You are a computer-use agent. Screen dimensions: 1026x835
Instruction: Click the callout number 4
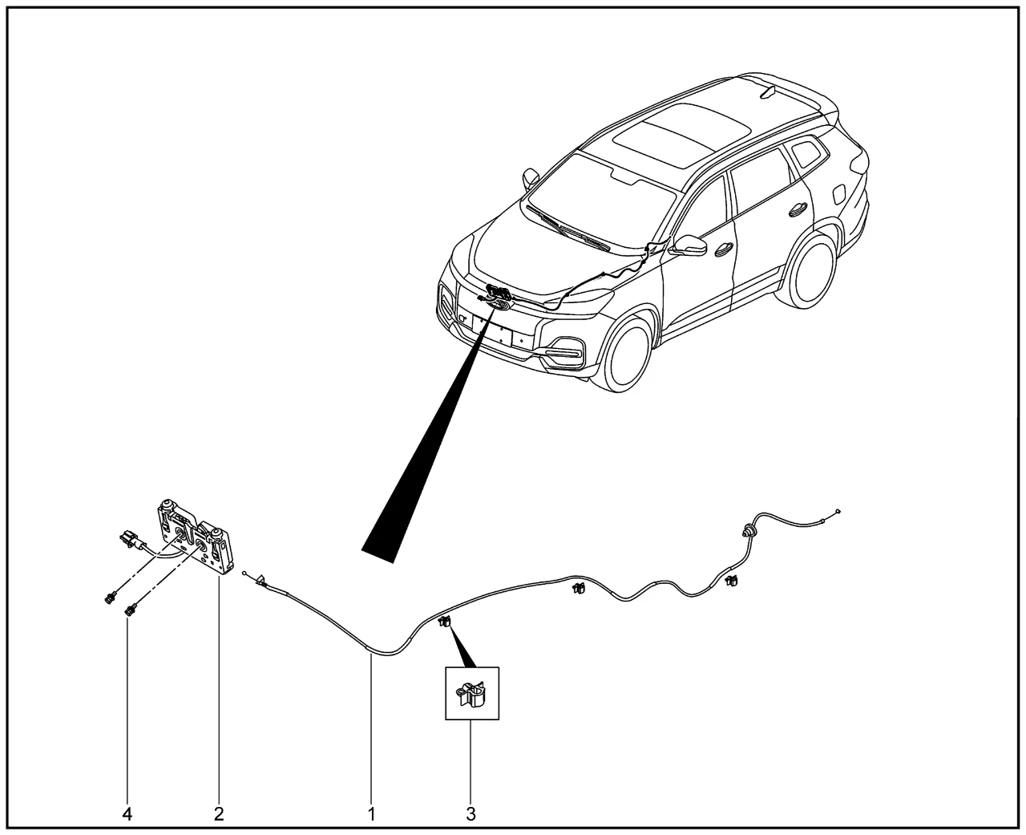coord(127,814)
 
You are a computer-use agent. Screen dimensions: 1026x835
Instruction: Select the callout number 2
coord(219,814)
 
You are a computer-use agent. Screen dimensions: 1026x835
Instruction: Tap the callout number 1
coord(371,814)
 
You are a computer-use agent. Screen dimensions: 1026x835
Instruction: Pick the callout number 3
coord(471,814)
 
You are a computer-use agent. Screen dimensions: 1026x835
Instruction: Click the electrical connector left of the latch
coord(128,538)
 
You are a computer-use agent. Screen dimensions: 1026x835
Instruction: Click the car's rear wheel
coord(805,268)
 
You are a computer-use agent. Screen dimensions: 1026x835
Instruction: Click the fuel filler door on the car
coord(839,195)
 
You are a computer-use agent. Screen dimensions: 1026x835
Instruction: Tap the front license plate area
coord(492,330)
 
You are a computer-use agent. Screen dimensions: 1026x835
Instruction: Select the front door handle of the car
coord(721,249)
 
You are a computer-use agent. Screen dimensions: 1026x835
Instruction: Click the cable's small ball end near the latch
coord(244,574)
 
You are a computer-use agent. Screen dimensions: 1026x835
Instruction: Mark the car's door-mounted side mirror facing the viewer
coord(690,245)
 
